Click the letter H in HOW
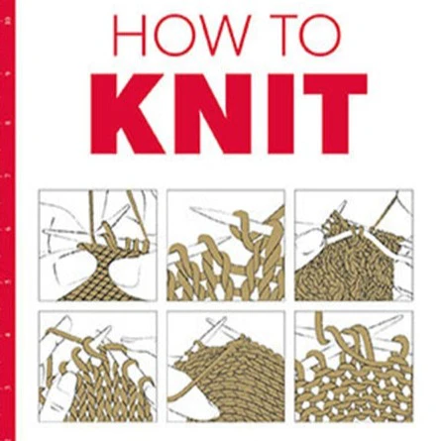tap(129, 35)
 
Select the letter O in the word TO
tap(319, 35)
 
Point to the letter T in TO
tap(278, 35)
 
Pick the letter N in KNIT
tap(206, 114)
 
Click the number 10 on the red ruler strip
tap(7, 21)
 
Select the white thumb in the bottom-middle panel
tap(191, 396)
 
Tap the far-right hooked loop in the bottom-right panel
tap(401, 347)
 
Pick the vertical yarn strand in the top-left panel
tap(92, 216)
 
